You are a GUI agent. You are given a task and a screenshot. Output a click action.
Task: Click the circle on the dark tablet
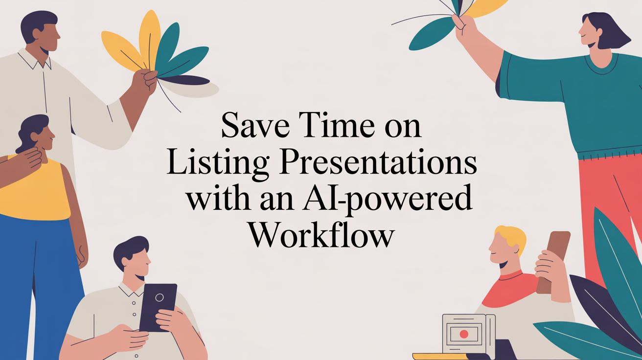pos(159,297)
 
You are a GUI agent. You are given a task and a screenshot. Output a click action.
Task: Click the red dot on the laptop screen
pos(464,334)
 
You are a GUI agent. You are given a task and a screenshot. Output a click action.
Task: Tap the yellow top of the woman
pos(34,191)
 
